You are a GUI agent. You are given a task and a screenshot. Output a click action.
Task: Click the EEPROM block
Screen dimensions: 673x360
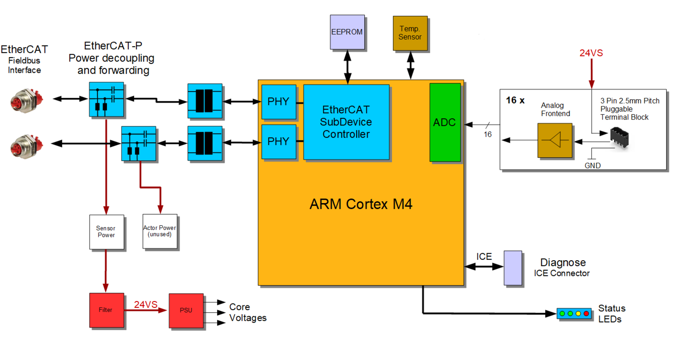[x=347, y=32]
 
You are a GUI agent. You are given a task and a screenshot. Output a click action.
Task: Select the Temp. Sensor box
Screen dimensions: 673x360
[x=410, y=33]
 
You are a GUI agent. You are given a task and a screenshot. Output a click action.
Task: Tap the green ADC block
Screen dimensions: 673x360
[x=445, y=122]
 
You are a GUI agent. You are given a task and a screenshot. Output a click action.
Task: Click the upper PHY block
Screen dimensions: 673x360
[x=279, y=102]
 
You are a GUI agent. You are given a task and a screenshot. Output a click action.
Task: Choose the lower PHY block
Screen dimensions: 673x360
[x=279, y=142]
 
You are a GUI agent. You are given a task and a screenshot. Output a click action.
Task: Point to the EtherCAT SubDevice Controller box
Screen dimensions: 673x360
[x=346, y=122]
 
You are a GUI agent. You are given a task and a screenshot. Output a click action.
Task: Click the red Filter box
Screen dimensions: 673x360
[x=106, y=310]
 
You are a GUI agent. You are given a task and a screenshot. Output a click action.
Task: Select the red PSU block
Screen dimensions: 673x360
[x=186, y=310]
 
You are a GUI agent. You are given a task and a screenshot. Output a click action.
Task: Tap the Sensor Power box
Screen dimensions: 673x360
[x=106, y=232]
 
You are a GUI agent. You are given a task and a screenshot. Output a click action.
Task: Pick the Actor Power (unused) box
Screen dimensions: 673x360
[x=160, y=231]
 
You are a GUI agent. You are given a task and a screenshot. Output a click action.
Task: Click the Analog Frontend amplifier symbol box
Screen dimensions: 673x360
[x=555, y=140]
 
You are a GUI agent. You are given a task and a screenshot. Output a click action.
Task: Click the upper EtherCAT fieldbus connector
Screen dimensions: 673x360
[x=26, y=101]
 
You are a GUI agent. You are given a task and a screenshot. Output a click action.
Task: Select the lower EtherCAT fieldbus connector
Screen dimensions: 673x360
[x=26, y=146]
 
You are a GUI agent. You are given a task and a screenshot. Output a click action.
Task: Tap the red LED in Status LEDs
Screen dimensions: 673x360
[x=586, y=313]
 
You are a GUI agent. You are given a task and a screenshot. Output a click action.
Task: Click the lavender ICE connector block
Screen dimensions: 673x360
[x=513, y=268]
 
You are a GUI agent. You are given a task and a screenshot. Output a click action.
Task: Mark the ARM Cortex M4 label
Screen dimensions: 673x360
[x=361, y=204]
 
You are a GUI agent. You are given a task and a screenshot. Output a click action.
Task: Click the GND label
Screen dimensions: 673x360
[x=593, y=166]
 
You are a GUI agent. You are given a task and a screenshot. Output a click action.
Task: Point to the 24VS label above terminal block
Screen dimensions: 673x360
[x=591, y=53]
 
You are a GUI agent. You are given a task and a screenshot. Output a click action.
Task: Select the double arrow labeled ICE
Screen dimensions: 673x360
[x=484, y=267]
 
